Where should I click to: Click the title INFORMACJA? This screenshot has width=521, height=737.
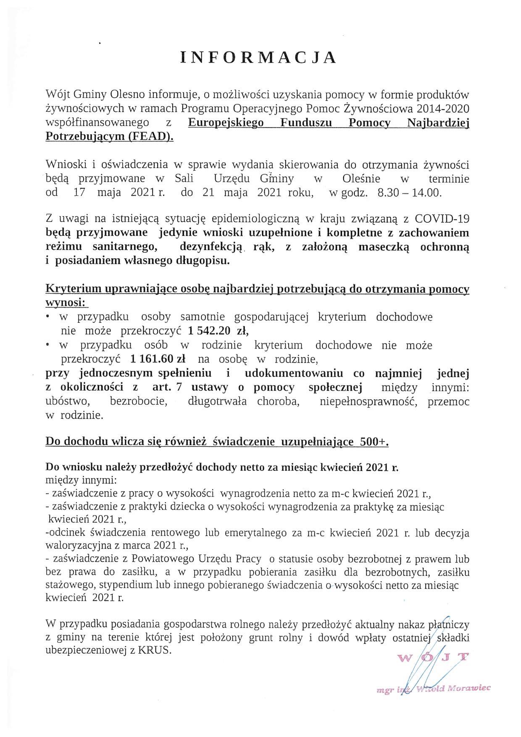(259, 58)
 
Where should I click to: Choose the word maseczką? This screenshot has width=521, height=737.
(383, 247)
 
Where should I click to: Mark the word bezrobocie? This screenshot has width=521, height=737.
(138, 402)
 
